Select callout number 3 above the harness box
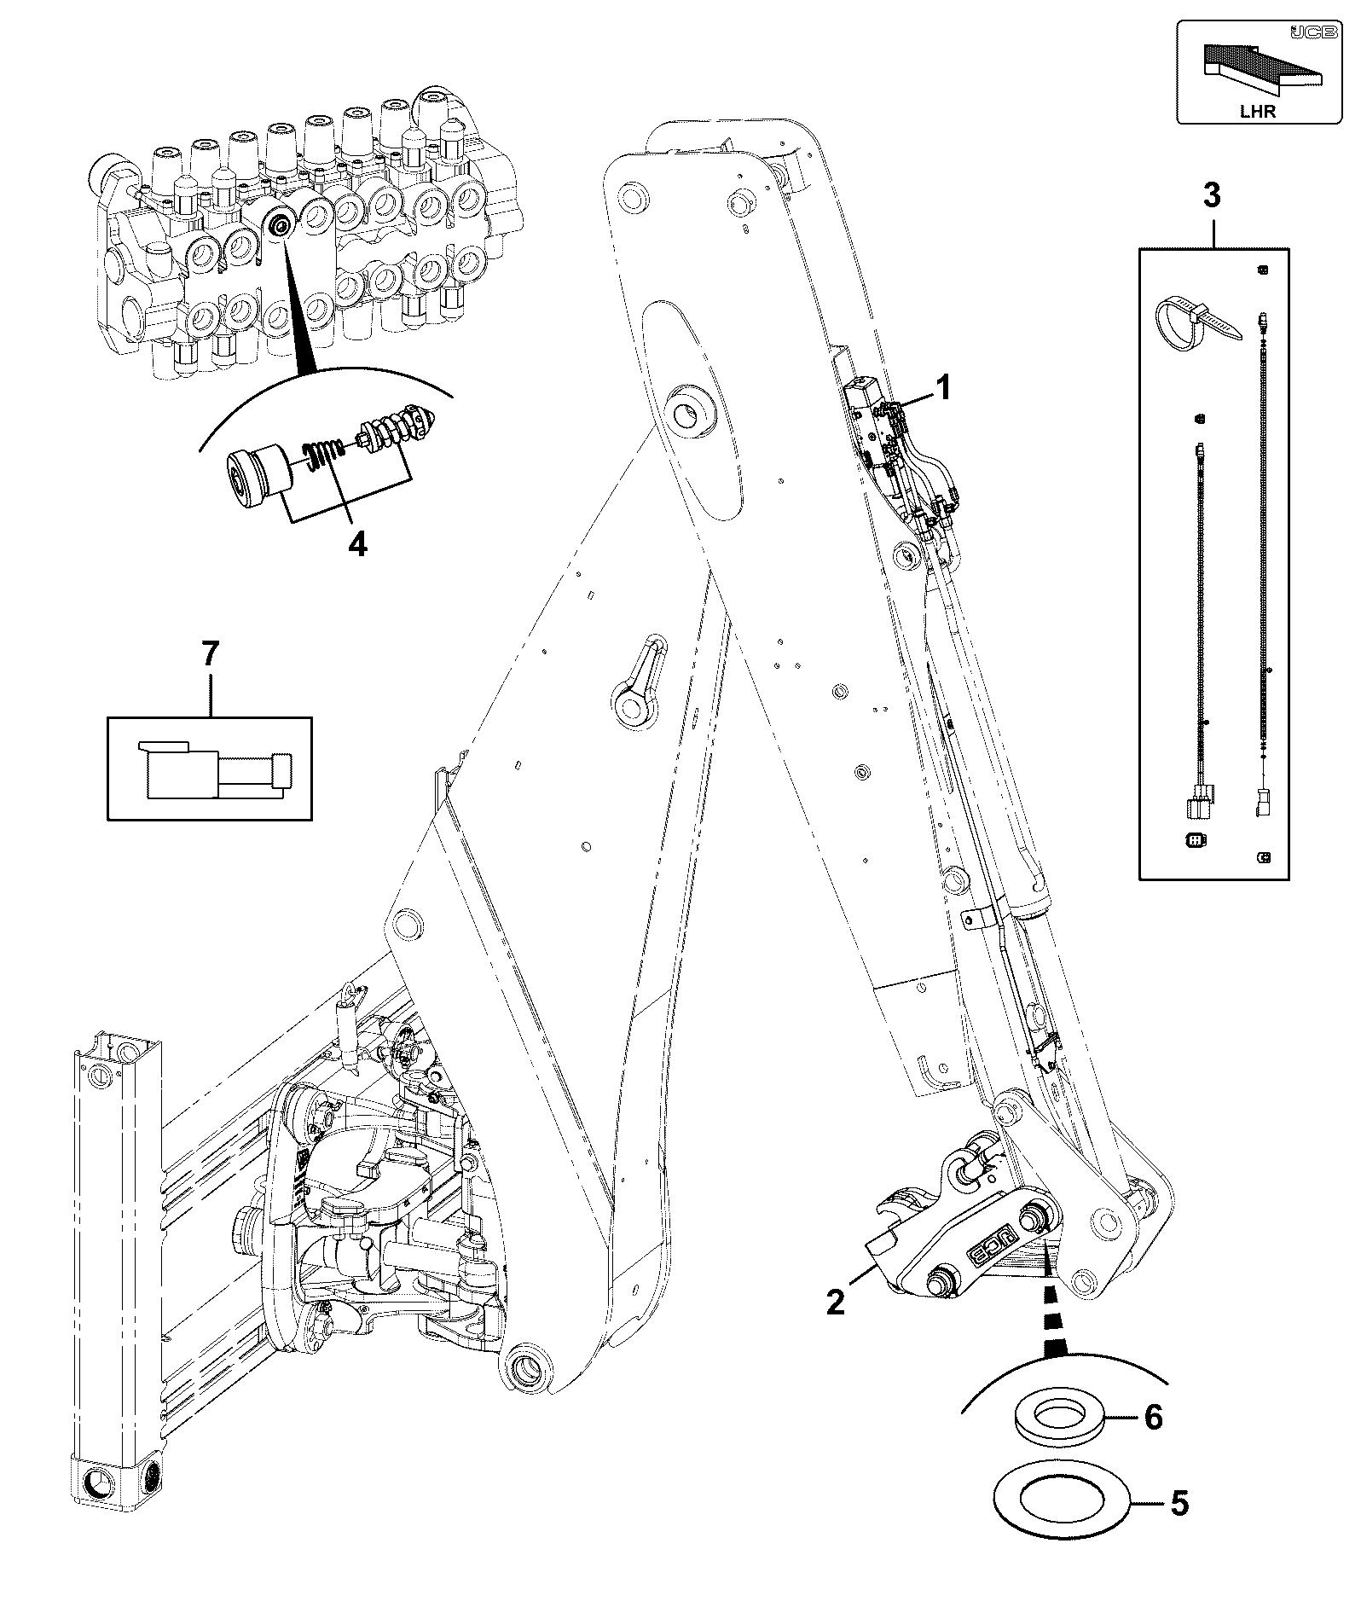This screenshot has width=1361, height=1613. click(1212, 195)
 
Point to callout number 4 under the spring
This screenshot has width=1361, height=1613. click(357, 543)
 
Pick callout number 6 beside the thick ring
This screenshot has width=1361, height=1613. click(1153, 1417)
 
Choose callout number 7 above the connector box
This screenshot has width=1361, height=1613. click(210, 655)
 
